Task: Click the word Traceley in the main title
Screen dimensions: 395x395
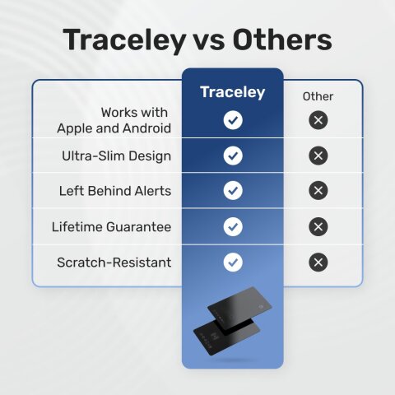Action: point(124,40)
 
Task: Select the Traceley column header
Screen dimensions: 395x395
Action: point(233,92)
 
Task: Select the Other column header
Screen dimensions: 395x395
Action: point(318,96)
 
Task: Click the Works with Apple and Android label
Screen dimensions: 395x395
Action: point(114,120)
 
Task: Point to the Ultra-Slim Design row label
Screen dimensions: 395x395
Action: point(117,156)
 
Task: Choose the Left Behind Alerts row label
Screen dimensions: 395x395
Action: point(115,191)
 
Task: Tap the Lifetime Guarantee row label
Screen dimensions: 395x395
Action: point(111,226)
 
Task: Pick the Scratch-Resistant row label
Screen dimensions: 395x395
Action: point(114,263)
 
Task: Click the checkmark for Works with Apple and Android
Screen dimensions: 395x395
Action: point(233,120)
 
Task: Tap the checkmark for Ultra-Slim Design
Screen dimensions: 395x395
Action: point(233,156)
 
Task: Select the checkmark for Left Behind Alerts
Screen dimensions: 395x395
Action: point(233,191)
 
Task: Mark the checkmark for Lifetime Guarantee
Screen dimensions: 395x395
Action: point(233,226)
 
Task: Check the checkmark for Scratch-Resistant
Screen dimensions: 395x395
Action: point(233,263)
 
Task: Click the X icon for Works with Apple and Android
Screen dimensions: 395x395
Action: point(318,120)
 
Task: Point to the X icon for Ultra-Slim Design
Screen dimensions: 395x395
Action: point(318,156)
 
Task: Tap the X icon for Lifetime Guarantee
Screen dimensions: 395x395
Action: point(318,226)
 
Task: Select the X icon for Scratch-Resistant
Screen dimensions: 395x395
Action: point(318,263)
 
